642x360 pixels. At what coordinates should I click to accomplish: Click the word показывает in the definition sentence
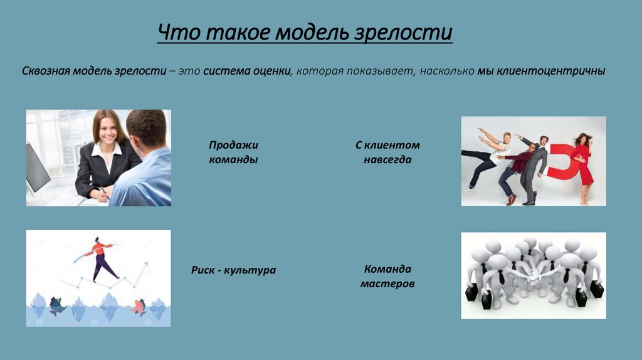pyautogui.click(x=382, y=71)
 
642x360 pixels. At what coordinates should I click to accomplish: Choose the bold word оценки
pyautogui.click(x=270, y=71)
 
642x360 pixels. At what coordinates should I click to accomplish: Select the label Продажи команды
pyautogui.click(x=233, y=152)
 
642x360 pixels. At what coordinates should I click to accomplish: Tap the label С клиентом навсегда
pyautogui.click(x=387, y=152)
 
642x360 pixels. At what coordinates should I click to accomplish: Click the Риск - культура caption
pyautogui.click(x=233, y=270)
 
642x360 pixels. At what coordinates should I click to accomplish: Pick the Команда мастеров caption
pyautogui.click(x=387, y=276)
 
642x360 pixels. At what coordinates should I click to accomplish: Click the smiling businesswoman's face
pyautogui.click(x=107, y=129)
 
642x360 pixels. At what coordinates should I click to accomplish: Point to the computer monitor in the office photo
pyautogui.click(x=37, y=167)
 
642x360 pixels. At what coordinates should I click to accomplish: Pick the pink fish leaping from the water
pyautogui.click(x=137, y=307)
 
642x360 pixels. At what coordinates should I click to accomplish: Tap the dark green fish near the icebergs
pyautogui.click(x=58, y=305)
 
